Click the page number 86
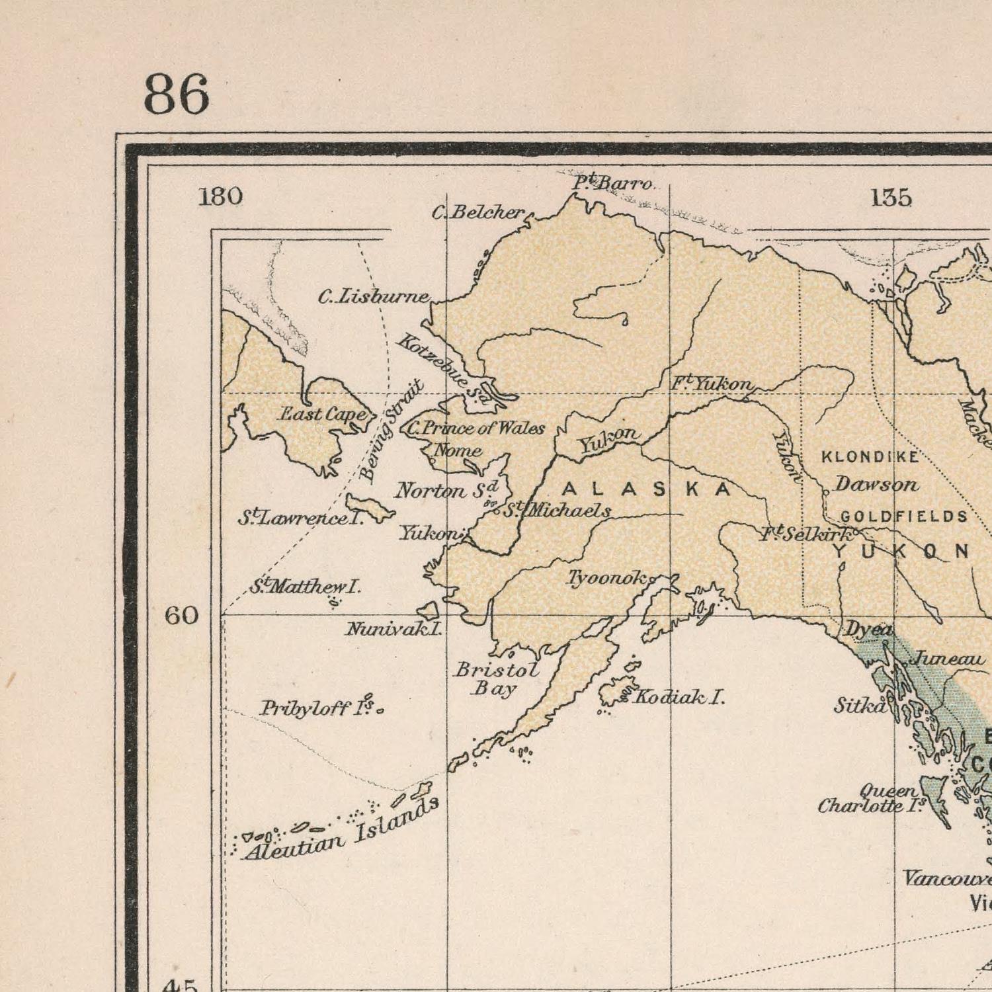176,95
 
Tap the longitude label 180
221,196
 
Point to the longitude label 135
891,197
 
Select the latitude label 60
181,616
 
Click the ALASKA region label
646,489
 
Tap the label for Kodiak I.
679,696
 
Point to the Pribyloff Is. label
317,709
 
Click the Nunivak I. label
393,629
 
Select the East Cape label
323,414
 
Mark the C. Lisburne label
374,298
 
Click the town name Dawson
876,484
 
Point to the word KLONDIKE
870,457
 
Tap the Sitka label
858,706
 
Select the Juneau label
948,659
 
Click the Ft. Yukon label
712,384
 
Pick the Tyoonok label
606,579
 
